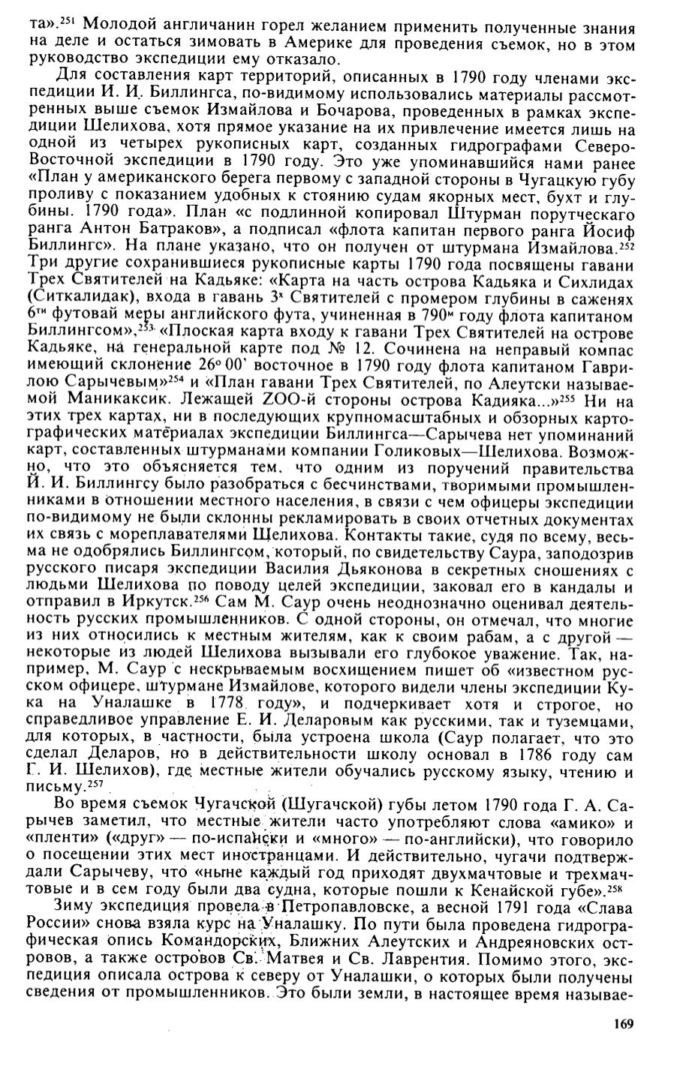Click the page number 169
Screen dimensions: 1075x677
click(x=624, y=1025)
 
